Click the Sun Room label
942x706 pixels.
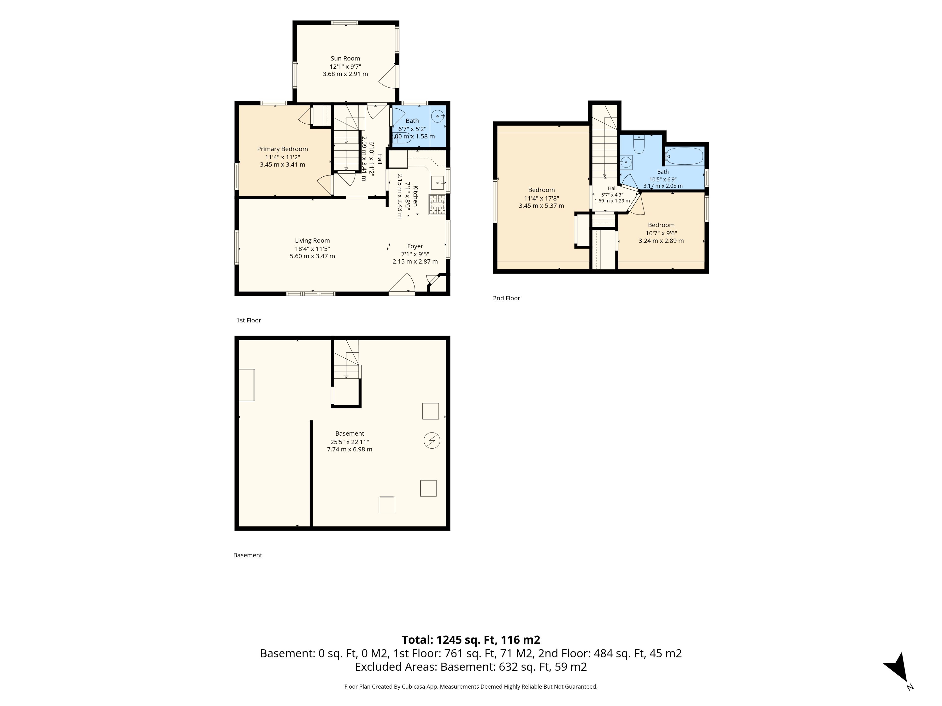pyautogui.click(x=345, y=58)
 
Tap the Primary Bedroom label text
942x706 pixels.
pyautogui.click(x=282, y=149)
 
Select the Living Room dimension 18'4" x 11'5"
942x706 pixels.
pyautogui.click(x=312, y=249)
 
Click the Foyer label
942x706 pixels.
pyautogui.click(x=415, y=246)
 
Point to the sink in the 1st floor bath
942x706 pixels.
pyautogui.click(x=438, y=116)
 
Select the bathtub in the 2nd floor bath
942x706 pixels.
pyautogui.click(x=684, y=156)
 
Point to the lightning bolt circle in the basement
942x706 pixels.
pyautogui.click(x=432, y=441)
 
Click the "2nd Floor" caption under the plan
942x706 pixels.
pyautogui.click(x=506, y=298)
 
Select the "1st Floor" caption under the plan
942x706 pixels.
pyautogui.click(x=249, y=320)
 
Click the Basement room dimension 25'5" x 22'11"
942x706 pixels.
pyautogui.click(x=350, y=442)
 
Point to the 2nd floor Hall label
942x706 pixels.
pyautogui.click(x=612, y=188)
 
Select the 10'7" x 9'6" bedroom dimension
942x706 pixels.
pyautogui.click(x=661, y=233)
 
